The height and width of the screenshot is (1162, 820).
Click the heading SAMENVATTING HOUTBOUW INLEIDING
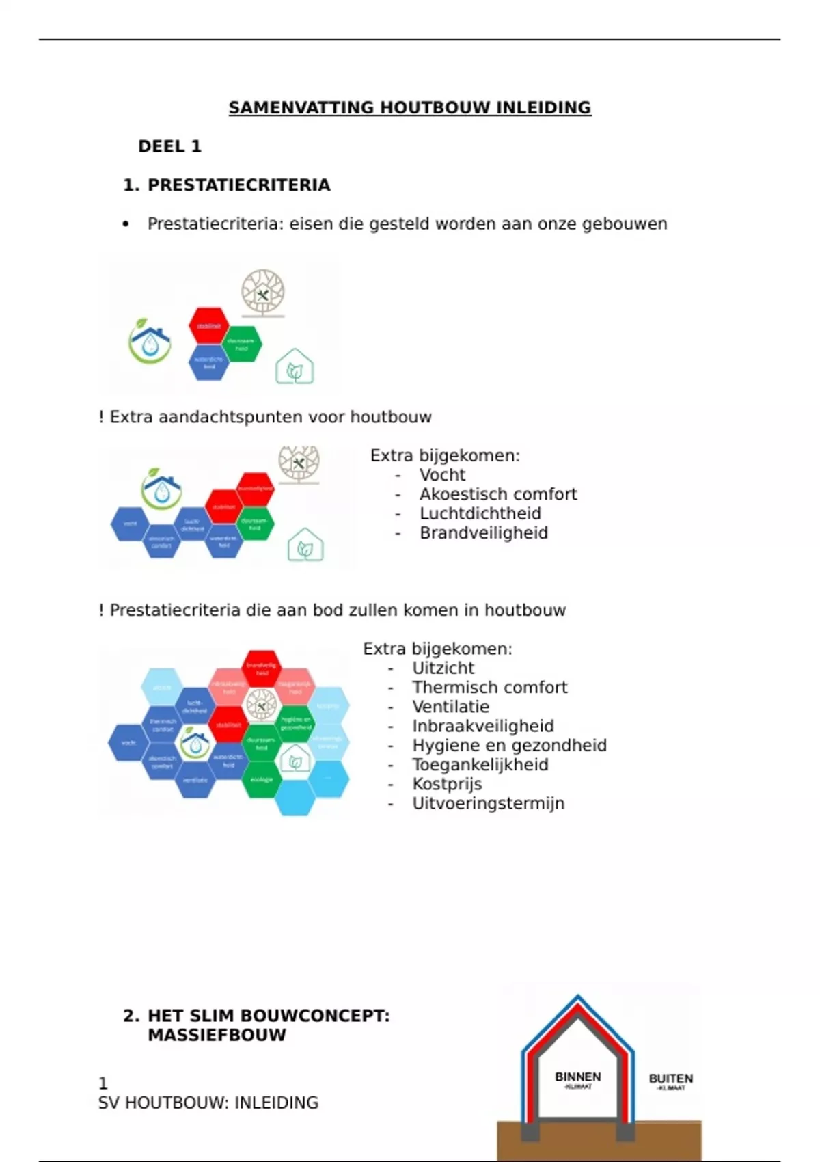click(410, 107)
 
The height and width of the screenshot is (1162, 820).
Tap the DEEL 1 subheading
click(169, 146)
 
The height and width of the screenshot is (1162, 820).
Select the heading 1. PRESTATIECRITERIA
click(226, 185)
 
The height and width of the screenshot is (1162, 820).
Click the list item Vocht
click(442, 475)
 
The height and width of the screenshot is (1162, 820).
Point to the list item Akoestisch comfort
click(498, 494)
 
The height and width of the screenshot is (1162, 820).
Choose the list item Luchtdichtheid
click(480, 513)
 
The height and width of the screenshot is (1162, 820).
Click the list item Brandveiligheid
click(483, 533)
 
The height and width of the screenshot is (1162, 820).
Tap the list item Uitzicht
click(443, 668)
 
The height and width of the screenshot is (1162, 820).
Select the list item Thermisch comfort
click(489, 688)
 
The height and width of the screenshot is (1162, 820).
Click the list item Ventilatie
click(450, 707)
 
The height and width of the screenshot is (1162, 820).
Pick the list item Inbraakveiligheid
click(482, 726)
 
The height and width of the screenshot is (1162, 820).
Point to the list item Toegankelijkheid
click(480, 765)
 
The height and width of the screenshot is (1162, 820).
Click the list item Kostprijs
click(447, 784)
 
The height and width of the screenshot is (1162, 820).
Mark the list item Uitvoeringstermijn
click(488, 803)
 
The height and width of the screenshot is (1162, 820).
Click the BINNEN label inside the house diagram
click(577, 1077)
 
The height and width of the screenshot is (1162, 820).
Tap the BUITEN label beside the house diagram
click(670, 1079)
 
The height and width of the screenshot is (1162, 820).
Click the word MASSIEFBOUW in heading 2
click(217, 1035)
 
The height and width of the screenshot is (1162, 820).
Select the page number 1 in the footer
click(103, 1083)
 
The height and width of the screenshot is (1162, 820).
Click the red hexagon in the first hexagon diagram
click(208, 326)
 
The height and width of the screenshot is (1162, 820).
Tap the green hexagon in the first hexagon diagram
click(241, 344)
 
